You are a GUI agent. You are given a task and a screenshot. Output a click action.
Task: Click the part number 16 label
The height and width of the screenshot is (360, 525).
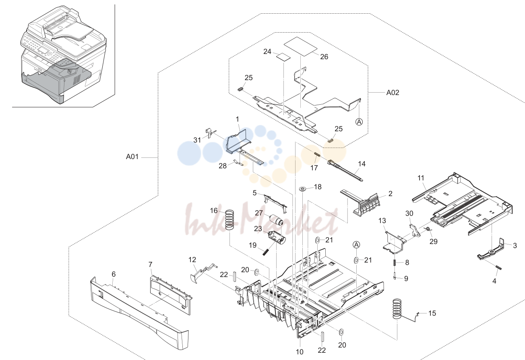(x=214, y=211)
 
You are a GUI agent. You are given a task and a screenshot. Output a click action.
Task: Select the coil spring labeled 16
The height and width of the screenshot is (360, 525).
(x=229, y=219)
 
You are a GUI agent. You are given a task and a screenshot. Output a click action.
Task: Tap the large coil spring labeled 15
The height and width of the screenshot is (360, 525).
(x=397, y=309)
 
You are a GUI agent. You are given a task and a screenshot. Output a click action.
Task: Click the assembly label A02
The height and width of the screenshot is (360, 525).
(x=393, y=93)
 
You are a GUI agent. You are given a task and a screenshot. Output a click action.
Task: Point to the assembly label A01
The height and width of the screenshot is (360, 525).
(x=132, y=157)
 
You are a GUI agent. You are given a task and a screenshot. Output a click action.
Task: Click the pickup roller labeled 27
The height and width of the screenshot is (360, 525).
(x=276, y=219)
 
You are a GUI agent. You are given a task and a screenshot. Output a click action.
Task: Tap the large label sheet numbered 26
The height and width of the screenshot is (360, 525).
(x=300, y=46)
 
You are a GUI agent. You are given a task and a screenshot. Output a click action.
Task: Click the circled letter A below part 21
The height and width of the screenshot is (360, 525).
(x=356, y=245)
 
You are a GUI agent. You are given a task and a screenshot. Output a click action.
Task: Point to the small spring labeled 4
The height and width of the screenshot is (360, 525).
(x=498, y=267)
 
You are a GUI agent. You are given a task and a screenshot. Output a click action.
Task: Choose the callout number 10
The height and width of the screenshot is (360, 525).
(x=300, y=352)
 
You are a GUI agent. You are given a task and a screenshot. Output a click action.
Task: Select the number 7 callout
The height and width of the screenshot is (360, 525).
(x=151, y=265)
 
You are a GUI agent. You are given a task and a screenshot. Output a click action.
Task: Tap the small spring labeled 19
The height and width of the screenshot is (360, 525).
(x=265, y=252)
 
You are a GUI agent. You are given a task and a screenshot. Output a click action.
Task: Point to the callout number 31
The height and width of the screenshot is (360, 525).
(x=197, y=140)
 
